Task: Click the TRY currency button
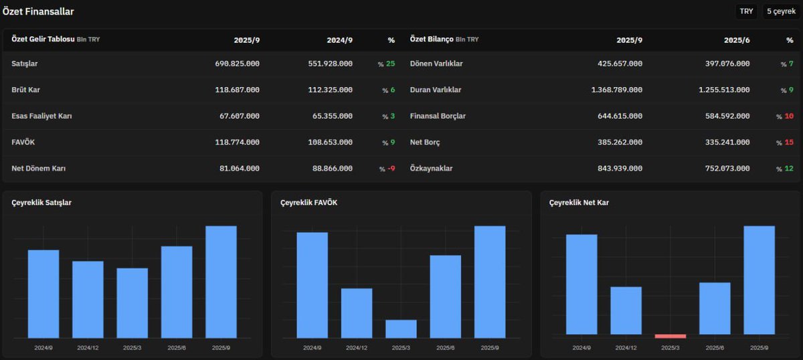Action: [746, 11]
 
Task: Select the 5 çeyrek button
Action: [781, 11]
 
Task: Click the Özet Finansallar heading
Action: [38, 11]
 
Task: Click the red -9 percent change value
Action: [391, 169]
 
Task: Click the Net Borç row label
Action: [425, 143]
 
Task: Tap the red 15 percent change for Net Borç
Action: [789, 143]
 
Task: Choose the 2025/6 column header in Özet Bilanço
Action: [737, 40]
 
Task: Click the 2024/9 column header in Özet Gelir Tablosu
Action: [340, 40]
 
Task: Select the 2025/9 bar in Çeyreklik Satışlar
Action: [221, 282]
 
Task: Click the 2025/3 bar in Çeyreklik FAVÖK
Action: [401, 329]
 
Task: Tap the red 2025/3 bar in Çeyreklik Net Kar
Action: [670, 336]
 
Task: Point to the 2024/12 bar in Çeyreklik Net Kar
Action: [626, 310]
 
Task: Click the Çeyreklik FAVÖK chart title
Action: [308, 203]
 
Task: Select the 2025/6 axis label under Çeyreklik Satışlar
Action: [177, 347]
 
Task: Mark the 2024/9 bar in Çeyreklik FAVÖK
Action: [312, 285]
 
